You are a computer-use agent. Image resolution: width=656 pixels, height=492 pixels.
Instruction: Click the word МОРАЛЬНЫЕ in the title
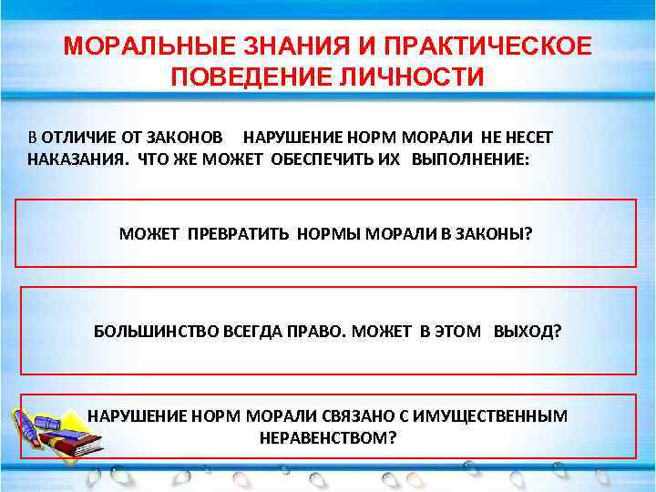[147, 46]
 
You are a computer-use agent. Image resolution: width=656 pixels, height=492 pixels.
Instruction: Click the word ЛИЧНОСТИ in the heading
[409, 77]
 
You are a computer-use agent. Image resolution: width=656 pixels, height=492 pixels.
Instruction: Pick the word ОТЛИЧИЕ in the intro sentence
[75, 136]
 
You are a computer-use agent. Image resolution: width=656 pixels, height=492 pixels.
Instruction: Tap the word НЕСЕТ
[528, 136]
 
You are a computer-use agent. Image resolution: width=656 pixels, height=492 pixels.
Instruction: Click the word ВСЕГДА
[251, 331]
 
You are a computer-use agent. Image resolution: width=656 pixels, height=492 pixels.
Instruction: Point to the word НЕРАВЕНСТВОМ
[327, 437]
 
